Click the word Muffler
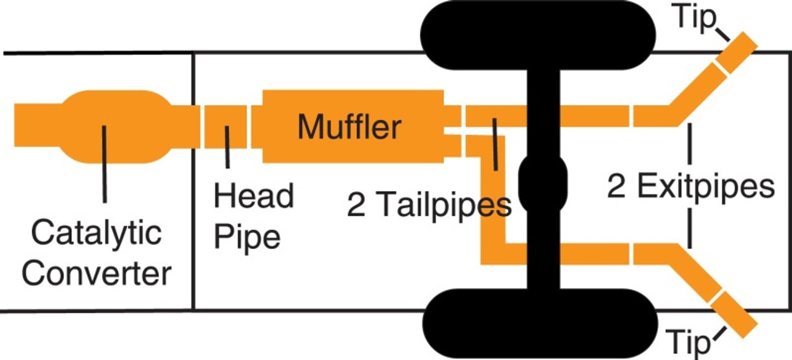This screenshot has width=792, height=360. (x=349, y=127)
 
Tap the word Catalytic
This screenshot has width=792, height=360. (x=96, y=234)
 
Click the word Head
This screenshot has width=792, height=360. (x=254, y=197)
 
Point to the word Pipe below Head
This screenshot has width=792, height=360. (x=247, y=236)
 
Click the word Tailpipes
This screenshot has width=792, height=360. (x=445, y=205)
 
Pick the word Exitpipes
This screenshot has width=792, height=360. (x=708, y=186)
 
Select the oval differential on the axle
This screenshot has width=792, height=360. (x=542, y=183)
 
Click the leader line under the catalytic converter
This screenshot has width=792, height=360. (x=104, y=164)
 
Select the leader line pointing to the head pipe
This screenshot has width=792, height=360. (x=228, y=147)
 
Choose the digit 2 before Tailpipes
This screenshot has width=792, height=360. (x=356, y=205)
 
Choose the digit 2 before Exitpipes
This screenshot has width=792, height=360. (x=616, y=186)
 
